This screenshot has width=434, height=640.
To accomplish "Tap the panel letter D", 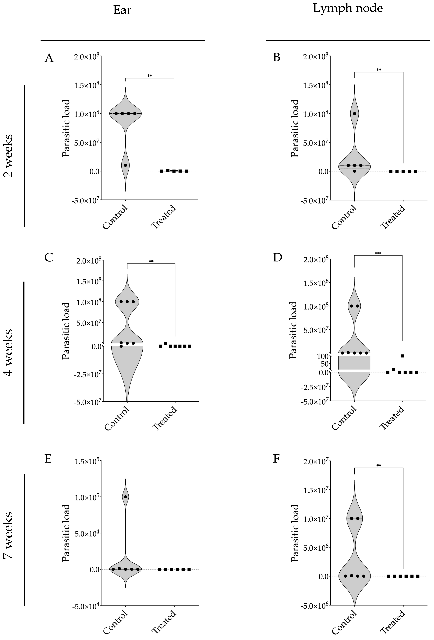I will tap(277, 258).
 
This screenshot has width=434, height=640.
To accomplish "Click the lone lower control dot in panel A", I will tap(125, 165).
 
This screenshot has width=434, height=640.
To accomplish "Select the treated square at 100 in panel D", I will tap(402, 356).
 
